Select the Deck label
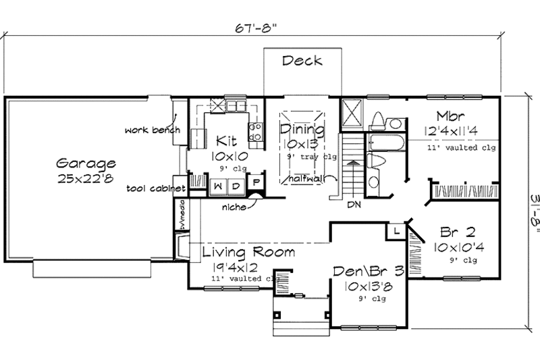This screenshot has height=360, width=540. click(302, 61)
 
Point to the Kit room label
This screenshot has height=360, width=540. click(225, 140)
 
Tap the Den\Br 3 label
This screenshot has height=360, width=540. click(368, 272)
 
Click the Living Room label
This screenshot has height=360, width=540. click(248, 253)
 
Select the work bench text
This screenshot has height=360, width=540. click(153, 129)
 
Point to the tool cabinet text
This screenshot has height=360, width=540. click(155, 188)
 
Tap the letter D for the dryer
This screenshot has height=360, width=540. click(237, 185)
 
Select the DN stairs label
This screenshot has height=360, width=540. click(352, 203)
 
